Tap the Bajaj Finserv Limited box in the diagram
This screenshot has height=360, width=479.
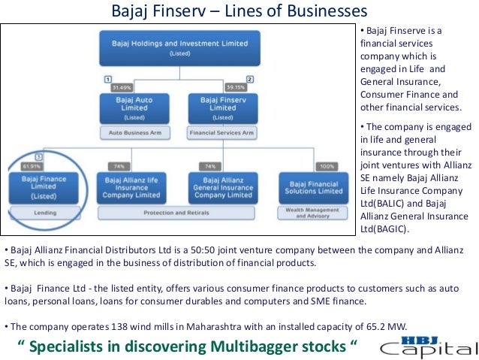(x=223, y=107)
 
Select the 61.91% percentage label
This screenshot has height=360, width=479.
(x=32, y=165)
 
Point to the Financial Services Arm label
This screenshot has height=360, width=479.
(x=223, y=133)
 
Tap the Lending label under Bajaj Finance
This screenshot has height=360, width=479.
(x=50, y=212)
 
